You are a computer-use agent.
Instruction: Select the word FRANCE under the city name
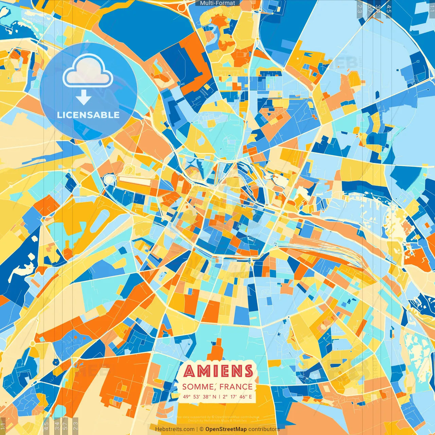click(x=236, y=387)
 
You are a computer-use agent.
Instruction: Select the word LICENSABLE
click(x=88, y=115)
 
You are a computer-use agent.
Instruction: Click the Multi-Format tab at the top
click(x=217, y=3)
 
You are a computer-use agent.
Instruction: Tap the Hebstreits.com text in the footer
click(x=175, y=429)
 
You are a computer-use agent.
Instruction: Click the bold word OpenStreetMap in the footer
click(x=226, y=429)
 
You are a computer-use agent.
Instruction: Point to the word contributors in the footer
click(x=264, y=429)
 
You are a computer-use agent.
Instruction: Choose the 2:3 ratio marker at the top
click(x=360, y=9)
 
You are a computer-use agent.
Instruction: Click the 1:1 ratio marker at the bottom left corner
click(x=3, y=426)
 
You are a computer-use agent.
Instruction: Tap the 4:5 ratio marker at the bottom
click(x=46, y=425)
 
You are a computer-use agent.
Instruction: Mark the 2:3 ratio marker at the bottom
click(x=75, y=425)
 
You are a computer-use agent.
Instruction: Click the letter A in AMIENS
click(x=191, y=371)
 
